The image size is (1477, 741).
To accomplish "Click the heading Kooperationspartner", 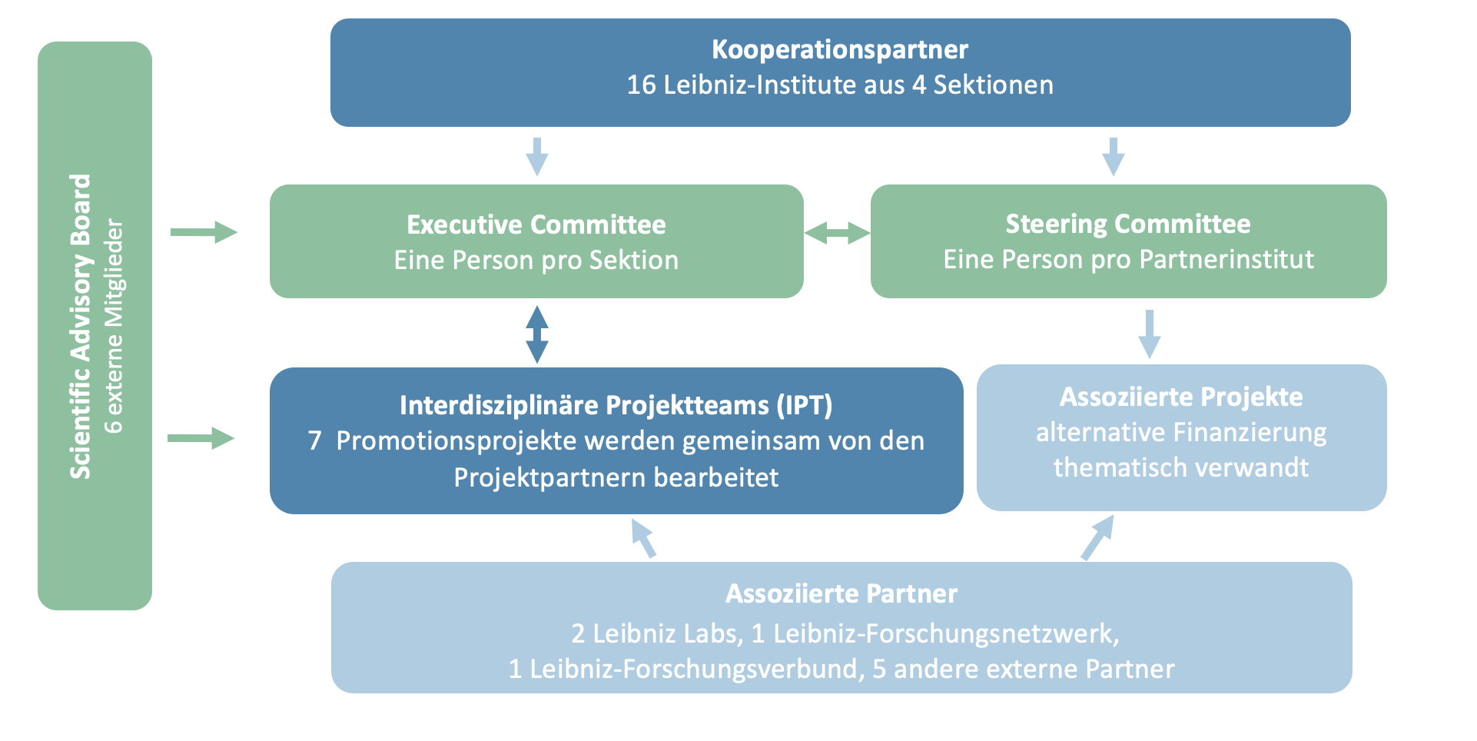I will [839, 49].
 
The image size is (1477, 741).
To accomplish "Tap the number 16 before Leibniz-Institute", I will [641, 85].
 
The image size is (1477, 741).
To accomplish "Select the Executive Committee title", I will [536, 224].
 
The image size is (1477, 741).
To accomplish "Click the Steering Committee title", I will [1127, 224].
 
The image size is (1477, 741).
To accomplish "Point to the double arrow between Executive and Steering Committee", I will [837, 232].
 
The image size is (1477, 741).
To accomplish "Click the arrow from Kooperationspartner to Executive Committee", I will [536, 156].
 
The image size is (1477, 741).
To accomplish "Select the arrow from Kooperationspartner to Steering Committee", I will [1113, 156].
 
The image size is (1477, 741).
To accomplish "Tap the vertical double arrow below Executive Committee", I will [536, 334].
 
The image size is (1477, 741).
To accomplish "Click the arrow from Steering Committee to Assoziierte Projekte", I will [1149, 334].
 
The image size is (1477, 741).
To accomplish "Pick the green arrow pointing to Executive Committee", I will [204, 232].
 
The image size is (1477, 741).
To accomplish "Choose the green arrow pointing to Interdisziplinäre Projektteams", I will [201, 438].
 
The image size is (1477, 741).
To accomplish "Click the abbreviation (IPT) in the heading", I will [805, 405].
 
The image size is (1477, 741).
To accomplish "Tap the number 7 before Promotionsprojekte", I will [314, 440].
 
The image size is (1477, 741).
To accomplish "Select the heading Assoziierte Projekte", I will [1180, 397].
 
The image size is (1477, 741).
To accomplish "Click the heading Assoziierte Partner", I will [841, 593].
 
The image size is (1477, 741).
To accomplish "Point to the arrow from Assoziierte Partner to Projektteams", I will [643, 537].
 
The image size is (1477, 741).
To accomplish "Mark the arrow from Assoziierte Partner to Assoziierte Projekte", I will [1097, 537].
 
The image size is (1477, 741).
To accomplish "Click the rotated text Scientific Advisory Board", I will [81, 326].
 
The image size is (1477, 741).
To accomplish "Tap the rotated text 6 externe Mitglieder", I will [114, 326].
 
